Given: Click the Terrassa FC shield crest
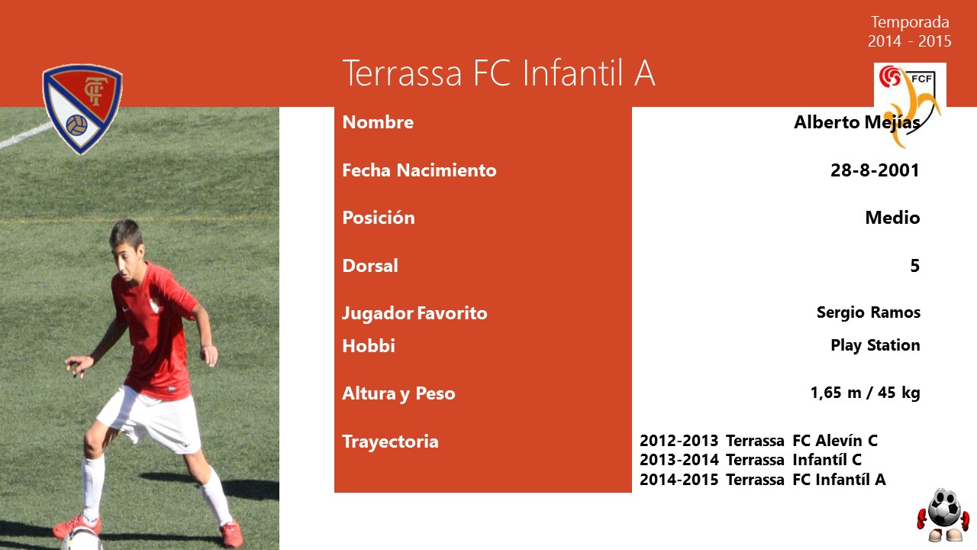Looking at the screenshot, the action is coord(82,108).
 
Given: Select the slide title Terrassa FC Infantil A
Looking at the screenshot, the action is coord(498,73).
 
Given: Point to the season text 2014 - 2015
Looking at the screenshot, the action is coord(909,41).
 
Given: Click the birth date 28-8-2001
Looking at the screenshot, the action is coord(875,170).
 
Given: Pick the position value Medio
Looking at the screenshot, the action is coord(892,218).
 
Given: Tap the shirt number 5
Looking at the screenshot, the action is coord(915,265).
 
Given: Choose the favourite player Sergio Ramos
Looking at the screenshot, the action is coord(869,312).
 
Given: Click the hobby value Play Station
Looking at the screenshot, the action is coord(875,345).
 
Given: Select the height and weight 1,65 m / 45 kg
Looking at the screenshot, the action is coord(866,393).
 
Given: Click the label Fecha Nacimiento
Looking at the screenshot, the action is coord(419,170).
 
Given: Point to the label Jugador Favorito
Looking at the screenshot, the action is coord(414,313).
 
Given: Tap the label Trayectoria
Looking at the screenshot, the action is coord(390,442).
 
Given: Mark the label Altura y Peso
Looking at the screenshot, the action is coord(398,393).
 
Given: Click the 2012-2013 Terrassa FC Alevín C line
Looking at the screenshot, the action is coord(759,441).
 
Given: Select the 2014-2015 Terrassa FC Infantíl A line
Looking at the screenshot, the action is coord(763,479).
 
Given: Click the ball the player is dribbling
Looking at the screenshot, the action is coord(82,539).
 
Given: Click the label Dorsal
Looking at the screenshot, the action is coord(370,266).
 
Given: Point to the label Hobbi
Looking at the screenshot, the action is coord(369,346).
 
